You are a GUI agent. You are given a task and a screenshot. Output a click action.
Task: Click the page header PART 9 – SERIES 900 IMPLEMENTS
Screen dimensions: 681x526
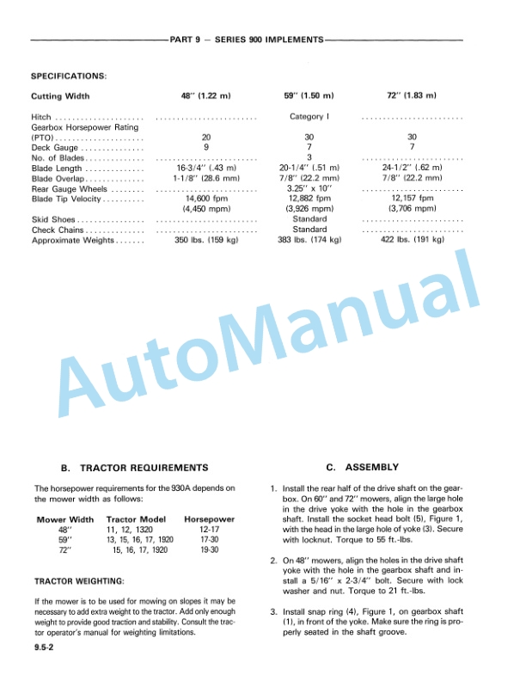coord(247,40)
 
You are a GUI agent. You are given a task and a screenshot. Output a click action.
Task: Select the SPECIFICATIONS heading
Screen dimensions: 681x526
coord(69,76)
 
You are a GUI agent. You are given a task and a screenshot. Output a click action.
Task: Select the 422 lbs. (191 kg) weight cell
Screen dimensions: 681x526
coord(413,240)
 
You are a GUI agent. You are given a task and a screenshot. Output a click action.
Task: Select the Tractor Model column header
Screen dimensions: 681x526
coord(136,520)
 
